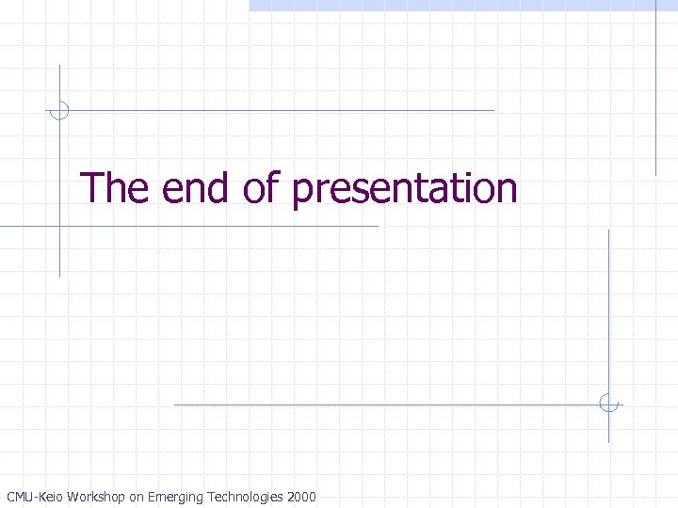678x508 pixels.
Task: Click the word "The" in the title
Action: coord(115,188)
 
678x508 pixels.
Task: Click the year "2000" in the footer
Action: coord(302,497)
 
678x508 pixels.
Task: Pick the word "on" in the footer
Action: coord(136,497)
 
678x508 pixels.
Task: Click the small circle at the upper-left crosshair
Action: coord(59,110)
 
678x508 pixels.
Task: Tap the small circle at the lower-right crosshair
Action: coord(608,405)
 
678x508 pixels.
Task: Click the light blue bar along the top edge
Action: coord(461,5)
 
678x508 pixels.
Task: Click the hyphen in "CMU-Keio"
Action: coord(35,498)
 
